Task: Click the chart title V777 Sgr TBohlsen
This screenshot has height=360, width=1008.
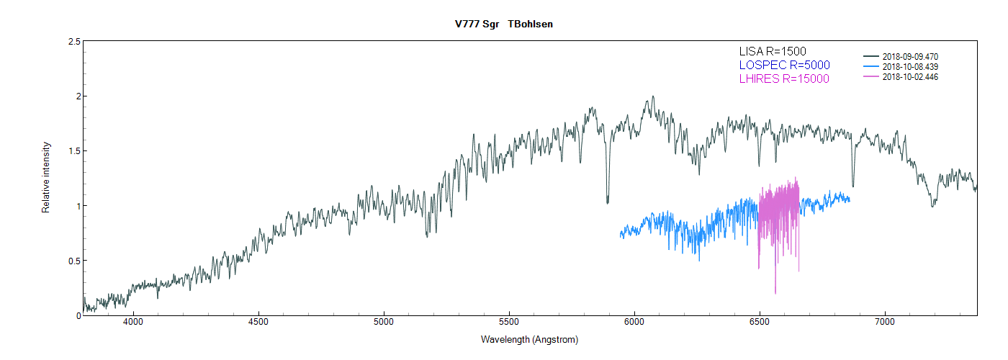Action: (x=503, y=24)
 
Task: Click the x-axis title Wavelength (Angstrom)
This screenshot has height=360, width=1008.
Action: (x=529, y=339)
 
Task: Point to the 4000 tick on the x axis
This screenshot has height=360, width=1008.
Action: (x=133, y=322)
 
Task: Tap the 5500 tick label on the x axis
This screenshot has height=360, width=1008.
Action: (x=509, y=322)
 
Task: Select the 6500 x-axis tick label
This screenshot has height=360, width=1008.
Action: (x=760, y=322)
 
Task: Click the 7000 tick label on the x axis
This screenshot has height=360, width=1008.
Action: (x=885, y=322)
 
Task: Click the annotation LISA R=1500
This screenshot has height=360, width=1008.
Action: (x=773, y=51)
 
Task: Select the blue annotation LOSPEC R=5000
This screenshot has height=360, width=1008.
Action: (x=784, y=65)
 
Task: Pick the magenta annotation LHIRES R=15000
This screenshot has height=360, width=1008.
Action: (x=784, y=78)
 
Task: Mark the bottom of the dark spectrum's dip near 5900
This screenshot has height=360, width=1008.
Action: (x=608, y=203)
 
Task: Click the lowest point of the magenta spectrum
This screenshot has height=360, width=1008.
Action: (x=775, y=293)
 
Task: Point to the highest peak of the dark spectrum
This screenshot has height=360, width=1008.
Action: (x=652, y=96)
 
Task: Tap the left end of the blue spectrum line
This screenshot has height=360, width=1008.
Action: (x=621, y=235)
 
